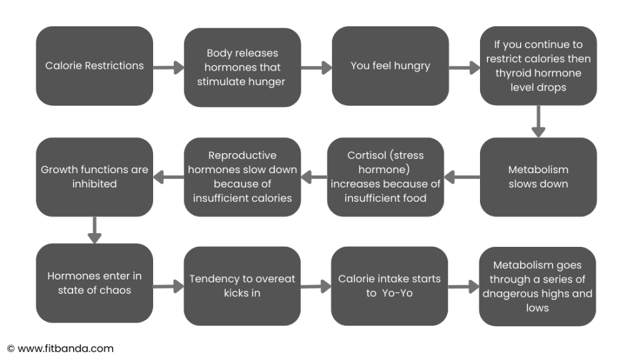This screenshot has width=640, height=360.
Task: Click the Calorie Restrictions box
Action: [x=94, y=66]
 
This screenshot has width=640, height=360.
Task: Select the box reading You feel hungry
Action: [x=390, y=66]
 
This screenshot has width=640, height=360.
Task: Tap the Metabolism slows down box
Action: [x=538, y=177]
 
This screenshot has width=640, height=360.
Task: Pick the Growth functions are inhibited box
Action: [x=94, y=177]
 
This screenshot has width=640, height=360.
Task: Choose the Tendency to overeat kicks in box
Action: [x=242, y=286]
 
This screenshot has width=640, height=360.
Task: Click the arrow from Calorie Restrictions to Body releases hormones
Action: [x=169, y=67]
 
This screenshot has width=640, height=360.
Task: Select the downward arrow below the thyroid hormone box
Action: [x=538, y=122]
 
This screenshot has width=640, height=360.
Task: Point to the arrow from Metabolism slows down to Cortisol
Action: [x=462, y=177]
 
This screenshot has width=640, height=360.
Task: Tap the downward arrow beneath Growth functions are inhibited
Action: [x=95, y=230]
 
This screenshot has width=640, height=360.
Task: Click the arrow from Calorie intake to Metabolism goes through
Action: [x=464, y=286]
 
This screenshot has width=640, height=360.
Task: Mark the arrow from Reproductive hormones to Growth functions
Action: [x=169, y=177]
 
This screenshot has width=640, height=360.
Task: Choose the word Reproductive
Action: [x=242, y=156]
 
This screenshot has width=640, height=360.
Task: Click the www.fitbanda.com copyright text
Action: [x=61, y=349]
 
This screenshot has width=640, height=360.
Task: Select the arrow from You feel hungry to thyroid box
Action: [x=464, y=67]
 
